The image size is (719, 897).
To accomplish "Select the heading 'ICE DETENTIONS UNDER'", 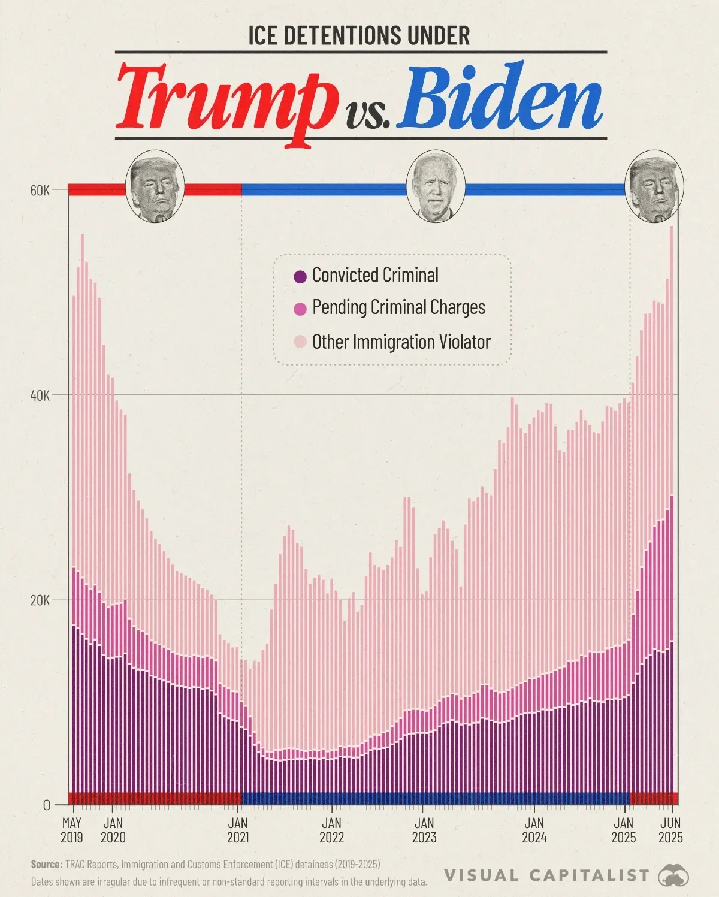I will (x=359, y=36).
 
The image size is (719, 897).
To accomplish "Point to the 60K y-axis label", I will (x=40, y=191).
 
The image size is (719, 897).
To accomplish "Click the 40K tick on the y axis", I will (x=40, y=395).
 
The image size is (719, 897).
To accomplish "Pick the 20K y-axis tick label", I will (x=40, y=600).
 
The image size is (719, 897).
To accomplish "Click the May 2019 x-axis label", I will (x=72, y=830).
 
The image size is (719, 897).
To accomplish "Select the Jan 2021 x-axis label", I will (x=238, y=830).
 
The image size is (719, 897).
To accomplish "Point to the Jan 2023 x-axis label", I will (x=424, y=830).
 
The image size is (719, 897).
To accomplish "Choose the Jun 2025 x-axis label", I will (x=670, y=830).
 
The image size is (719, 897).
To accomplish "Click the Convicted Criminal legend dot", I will (x=300, y=276).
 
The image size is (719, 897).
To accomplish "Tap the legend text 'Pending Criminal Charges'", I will (x=398, y=307).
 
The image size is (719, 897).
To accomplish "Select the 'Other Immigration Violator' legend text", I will (x=401, y=342).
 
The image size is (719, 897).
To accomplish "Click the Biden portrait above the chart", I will (x=436, y=186).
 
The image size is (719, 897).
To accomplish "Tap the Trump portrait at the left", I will (x=155, y=186).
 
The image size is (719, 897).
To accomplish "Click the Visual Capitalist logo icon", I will (x=673, y=876).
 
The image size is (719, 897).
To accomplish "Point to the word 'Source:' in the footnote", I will (x=46, y=865).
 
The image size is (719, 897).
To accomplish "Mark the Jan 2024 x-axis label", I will (x=534, y=830).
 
